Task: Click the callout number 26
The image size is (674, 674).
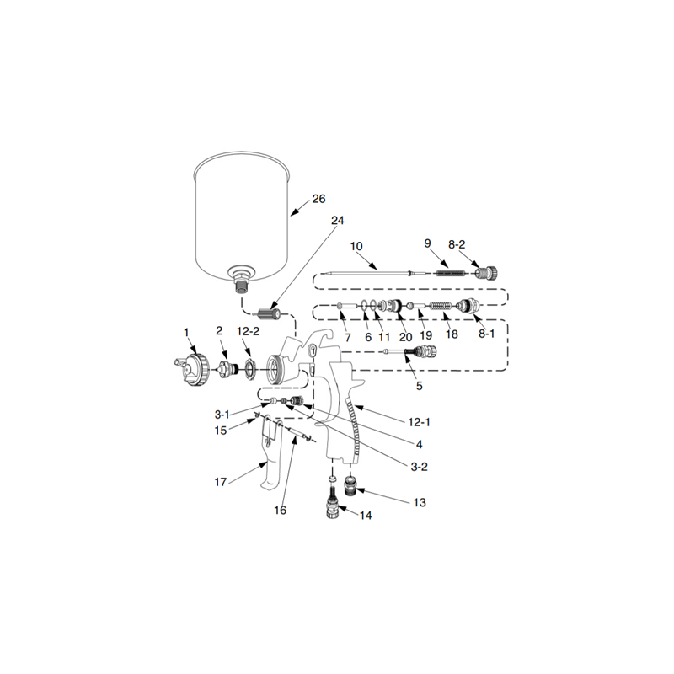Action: coord(318,200)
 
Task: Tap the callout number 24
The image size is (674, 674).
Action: coord(338,221)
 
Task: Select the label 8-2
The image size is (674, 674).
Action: coord(456,244)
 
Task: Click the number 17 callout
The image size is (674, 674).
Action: coord(221,483)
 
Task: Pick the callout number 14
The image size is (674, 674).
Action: coord(366,515)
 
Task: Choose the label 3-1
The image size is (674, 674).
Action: coord(222,415)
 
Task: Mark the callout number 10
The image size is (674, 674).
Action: coord(356,246)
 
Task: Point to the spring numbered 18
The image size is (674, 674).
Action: coord(441,306)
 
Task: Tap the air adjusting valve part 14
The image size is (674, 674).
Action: coord(332,505)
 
